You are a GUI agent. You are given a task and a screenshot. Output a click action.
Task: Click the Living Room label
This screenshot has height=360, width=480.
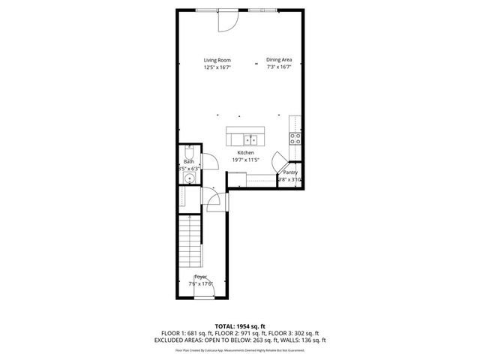[217, 60]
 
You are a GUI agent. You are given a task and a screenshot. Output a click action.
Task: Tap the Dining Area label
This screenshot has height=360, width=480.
[278, 60]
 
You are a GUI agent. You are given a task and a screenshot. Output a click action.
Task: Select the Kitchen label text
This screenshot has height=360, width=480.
[245, 152]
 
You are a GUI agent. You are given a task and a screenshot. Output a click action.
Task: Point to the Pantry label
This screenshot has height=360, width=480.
[289, 172]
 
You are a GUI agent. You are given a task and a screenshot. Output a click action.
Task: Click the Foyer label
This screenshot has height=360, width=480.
[200, 277]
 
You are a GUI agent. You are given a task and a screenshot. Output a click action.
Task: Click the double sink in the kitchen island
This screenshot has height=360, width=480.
[250, 139]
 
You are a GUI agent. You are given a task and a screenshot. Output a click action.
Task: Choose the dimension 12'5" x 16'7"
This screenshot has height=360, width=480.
[217, 67]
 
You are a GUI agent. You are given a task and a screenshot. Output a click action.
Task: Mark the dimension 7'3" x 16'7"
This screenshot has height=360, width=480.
[278, 67]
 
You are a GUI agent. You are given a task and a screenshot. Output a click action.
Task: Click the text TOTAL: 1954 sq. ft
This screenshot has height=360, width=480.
[240, 326]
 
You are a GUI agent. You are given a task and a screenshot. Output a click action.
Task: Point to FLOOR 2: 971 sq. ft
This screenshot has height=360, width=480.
[241, 333]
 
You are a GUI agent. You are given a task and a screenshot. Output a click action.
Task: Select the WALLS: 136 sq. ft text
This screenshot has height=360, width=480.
[297, 339]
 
